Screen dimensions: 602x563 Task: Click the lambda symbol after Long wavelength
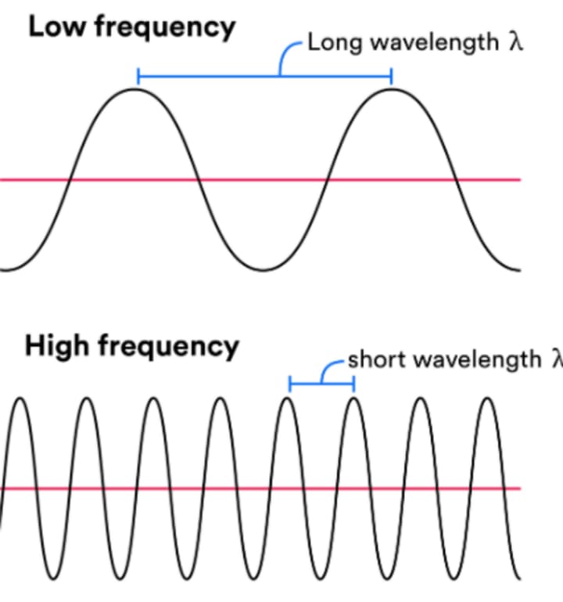click(x=514, y=42)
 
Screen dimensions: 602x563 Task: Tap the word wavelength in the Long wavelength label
click(x=435, y=43)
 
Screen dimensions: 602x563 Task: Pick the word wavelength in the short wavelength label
click(x=478, y=360)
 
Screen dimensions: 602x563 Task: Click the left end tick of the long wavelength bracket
click(x=138, y=76)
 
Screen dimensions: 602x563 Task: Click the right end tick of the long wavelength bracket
click(x=391, y=76)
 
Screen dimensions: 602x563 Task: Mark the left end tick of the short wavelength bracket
click(x=290, y=384)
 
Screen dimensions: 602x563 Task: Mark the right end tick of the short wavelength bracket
click(x=354, y=384)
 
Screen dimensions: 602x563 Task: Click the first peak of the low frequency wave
click(x=135, y=89)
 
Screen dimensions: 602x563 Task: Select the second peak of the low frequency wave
click(x=391, y=89)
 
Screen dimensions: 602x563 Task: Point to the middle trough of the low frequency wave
click(x=264, y=270)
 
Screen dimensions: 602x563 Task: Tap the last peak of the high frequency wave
click(x=488, y=399)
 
